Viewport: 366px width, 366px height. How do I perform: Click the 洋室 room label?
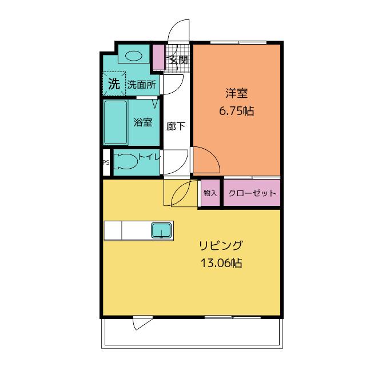(x=236, y=93)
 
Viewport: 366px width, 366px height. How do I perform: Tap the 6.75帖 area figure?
(x=236, y=110)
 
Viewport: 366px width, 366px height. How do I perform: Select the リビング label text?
(x=221, y=245)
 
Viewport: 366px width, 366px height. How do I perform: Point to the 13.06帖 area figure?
(x=221, y=263)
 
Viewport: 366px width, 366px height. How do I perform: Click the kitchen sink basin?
(x=161, y=230)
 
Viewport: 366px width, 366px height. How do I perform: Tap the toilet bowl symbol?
(x=126, y=161)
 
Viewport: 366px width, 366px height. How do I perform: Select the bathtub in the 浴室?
(x=116, y=122)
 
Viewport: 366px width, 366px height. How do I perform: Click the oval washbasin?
(x=133, y=56)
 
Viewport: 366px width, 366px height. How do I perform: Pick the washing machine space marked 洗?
(x=114, y=83)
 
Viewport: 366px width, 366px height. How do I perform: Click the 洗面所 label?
(x=141, y=85)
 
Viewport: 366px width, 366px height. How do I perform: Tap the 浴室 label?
(x=143, y=122)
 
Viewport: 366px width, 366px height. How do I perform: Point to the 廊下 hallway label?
(x=176, y=126)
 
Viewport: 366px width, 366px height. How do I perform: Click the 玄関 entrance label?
(x=178, y=60)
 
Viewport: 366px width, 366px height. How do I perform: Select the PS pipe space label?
(x=106, y=162)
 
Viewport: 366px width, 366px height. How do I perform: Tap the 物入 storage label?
(x=210, y=193)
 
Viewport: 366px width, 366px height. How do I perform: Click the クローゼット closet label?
(x=252, y=193)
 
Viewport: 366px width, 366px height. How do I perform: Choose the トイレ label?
(x=149, y=157)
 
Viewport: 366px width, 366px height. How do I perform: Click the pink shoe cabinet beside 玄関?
(x=159, y=57)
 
